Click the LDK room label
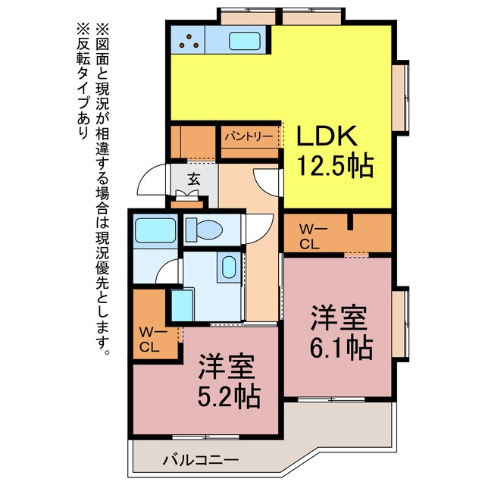point(327,136)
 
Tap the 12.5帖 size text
point(335,166)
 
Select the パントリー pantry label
point(249,136)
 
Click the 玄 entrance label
point(194,179)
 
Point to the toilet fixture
point(204,230)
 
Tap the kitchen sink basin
point(244,41)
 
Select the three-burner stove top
point(188,40)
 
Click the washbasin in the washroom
point(229,267)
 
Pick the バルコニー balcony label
point(201,460)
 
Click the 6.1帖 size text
point(341,348)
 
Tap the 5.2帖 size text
point(229,397)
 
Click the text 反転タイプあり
point(83,81)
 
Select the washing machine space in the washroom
point(183,305)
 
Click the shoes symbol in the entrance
point(186,194)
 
